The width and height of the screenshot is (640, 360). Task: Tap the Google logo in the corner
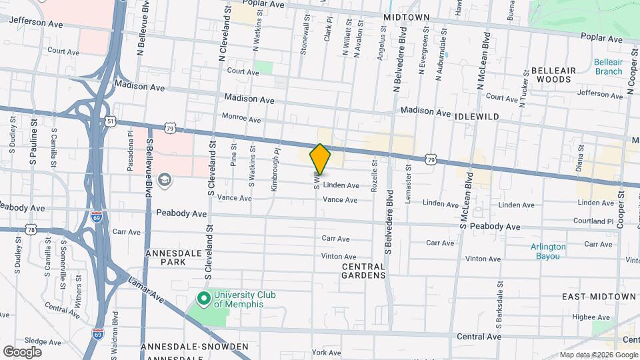(22, 351)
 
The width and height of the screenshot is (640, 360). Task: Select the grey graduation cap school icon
(164, 180)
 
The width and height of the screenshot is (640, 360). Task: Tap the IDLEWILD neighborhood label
(477, 116)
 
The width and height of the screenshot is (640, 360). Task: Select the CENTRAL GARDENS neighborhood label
(363, 271)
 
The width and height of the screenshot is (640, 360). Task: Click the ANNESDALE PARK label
(165, 257)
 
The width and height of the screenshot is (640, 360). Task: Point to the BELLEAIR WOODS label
(551, 75)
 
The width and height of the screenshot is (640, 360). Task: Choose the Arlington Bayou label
(548, 251)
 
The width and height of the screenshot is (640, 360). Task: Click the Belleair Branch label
(608, 67)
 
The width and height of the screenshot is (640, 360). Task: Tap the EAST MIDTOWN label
(599, 296)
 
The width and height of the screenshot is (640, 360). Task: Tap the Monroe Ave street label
(241, 119)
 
